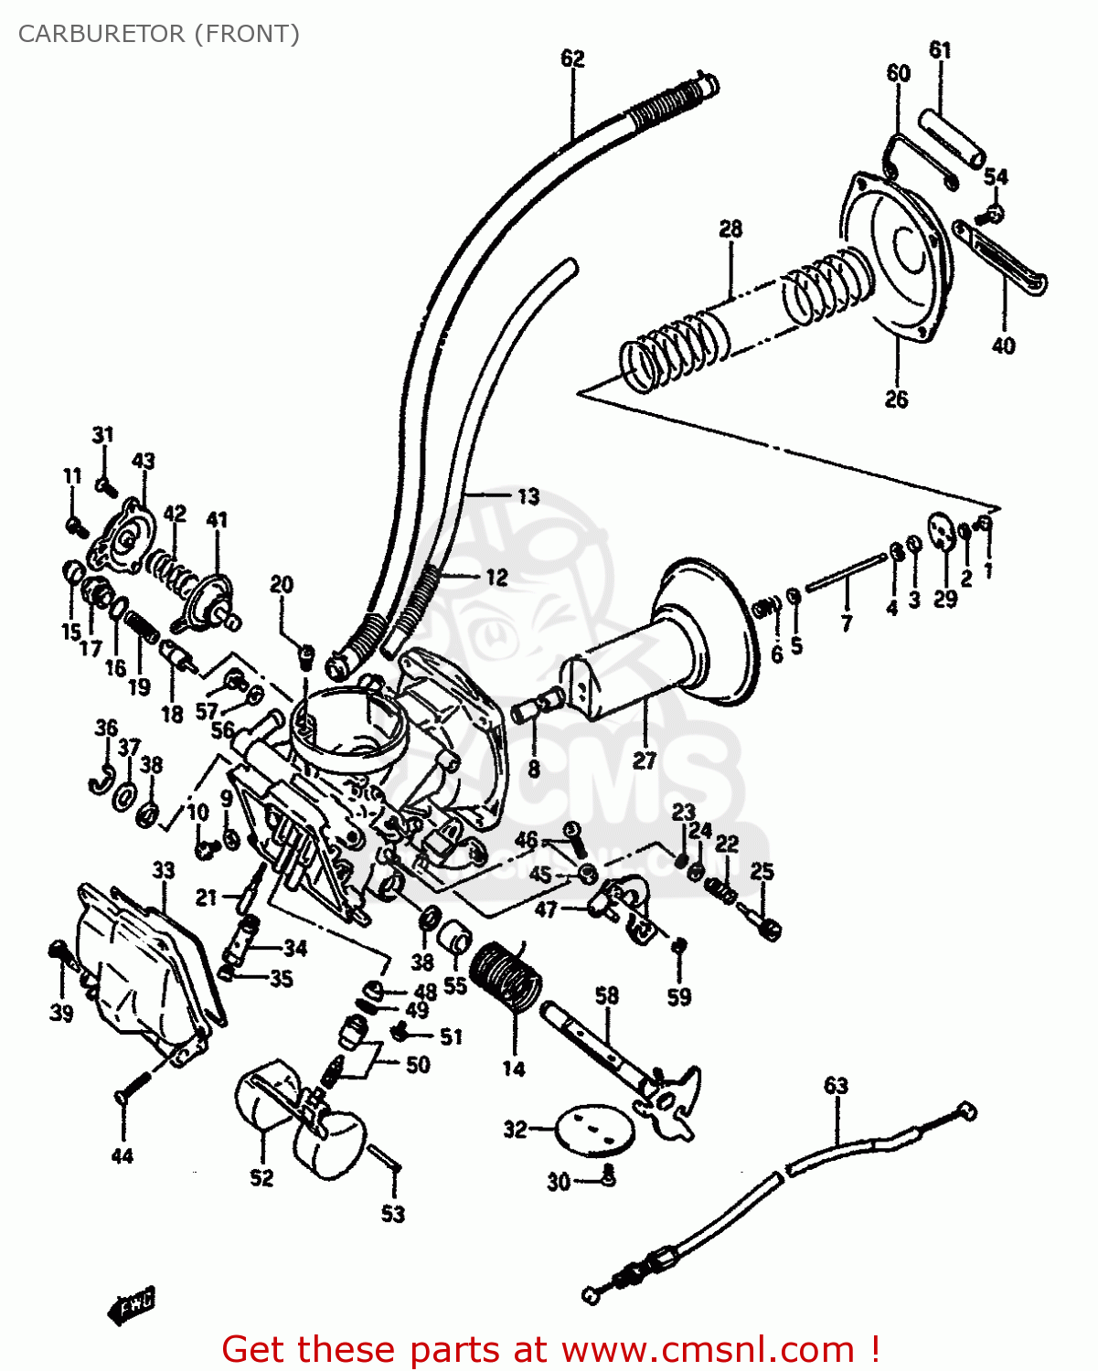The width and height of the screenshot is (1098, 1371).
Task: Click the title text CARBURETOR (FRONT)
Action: coord(159,34)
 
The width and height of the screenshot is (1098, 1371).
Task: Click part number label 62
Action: coord(572,58)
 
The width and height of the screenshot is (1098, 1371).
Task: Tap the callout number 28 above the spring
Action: coord(730,228)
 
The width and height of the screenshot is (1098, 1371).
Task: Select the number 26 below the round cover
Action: coord(896,399)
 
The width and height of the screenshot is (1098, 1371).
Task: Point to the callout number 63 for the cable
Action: coord(836,1086)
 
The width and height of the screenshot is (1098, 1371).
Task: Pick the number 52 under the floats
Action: coord(261,1178)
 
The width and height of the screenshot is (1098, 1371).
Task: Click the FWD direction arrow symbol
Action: coord(133,1305)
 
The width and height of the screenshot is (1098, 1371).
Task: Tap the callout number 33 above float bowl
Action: coord(163,869)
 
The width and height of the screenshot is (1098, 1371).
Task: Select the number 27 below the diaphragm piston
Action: coord(645,760)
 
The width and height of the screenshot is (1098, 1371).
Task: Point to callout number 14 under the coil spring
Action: coord(514,1068)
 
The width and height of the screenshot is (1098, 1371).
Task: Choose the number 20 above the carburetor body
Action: coord(282,585)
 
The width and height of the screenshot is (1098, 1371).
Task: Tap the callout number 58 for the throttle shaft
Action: coord(607,995)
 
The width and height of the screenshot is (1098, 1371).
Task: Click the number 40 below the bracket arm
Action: coord(1003,345)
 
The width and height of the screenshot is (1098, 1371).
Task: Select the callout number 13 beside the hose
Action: coord(528,497)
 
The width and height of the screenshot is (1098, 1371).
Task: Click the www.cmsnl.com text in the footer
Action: coord(707,1349)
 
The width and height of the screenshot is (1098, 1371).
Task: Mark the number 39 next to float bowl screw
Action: coord(61,1013)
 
